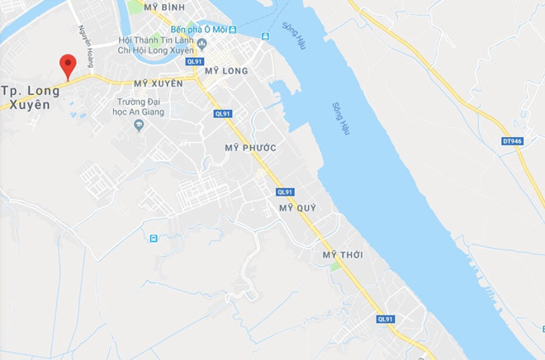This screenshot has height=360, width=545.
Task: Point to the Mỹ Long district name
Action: tap(225, 72)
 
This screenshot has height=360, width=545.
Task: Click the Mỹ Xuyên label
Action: tap(157, 83)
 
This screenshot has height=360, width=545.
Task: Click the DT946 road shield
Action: tap(512, 141)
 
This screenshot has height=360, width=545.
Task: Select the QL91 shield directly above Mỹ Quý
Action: tap(286, 192)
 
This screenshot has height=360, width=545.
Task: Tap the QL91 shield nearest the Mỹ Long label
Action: tap(195, 61)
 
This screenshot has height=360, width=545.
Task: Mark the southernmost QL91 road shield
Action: tap(386, 319)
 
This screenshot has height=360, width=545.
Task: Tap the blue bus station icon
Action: tap(154, 239)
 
